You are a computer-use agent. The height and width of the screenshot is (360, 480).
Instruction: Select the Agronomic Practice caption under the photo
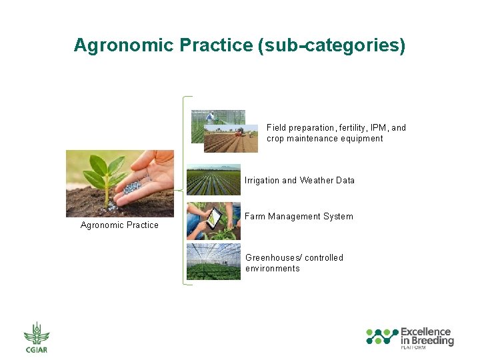119,225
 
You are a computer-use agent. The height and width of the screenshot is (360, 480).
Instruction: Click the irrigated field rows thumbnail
213,180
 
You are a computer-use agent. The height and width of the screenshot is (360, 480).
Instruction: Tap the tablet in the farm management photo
215,218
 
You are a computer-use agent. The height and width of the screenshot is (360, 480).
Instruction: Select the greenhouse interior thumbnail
213,261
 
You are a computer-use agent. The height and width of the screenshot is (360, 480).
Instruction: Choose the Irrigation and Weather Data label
299,181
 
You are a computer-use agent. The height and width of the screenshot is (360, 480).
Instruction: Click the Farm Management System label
299,217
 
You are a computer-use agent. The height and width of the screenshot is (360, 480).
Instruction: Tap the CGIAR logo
37,337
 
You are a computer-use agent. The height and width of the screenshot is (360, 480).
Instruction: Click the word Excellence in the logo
425,331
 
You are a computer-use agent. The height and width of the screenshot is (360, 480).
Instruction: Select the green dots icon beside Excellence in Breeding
382,337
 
